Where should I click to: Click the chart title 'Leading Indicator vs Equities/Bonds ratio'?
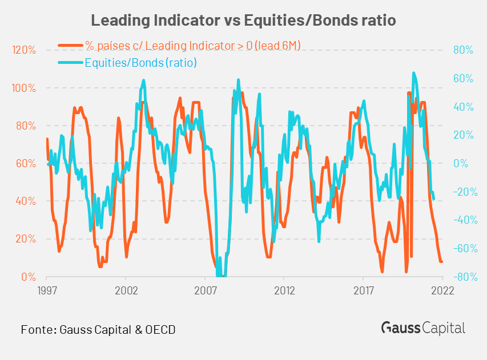pos(243,21)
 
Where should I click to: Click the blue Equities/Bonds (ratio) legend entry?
pos(140,63)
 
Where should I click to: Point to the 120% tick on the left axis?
pos(24,50)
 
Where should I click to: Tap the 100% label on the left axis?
pos(24,88)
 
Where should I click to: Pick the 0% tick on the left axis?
pos(29,277)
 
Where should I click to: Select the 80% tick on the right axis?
pos(462,50)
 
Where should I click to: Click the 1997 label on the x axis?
pos(47,289)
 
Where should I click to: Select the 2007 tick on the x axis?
pos(205,289)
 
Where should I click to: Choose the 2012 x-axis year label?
pos(284,289)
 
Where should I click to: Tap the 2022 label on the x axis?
pos(442,289)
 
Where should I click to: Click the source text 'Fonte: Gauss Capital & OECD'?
pos(98,330)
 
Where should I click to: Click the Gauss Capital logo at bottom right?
pos(423,328)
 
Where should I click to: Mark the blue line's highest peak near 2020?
pos(413,73)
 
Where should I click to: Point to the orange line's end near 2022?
pos(441,262)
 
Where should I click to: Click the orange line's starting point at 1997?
pos(47,139)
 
